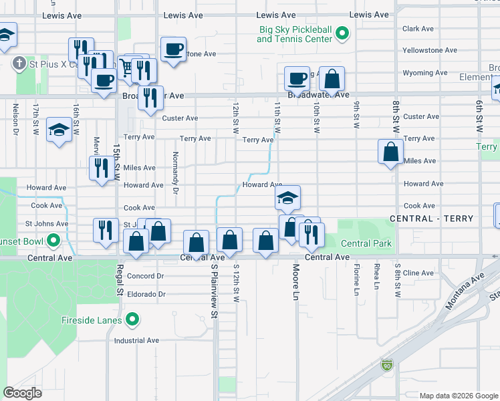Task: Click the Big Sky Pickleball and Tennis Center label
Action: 294,34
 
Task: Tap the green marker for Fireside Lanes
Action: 133,320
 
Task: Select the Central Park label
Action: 366,244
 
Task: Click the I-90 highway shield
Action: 387,365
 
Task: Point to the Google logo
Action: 22,393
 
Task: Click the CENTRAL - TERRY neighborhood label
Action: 431,219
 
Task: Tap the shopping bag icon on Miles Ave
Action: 390,152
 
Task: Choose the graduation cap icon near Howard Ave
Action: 288,198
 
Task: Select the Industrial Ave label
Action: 136,340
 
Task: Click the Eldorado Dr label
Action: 144,293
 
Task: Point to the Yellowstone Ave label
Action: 430,50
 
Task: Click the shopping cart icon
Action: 126,66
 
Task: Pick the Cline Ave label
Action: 419,273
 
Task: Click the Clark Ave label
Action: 419,29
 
